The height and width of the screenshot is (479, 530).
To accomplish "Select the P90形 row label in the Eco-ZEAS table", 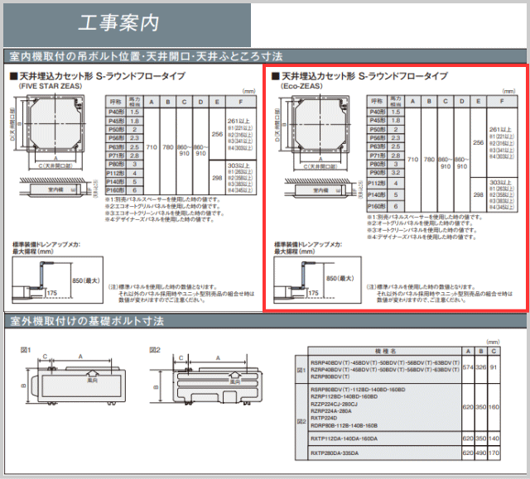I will pyautogui.click(x=377, y=174).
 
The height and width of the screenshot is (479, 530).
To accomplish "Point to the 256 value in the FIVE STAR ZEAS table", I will pyautogui.click(x=217, y=133).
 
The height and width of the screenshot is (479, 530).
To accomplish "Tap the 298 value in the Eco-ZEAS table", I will pyautogui.click(x=479, y=194).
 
